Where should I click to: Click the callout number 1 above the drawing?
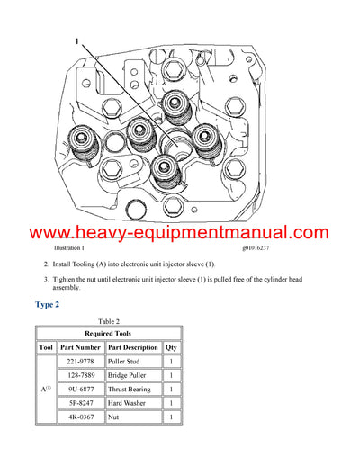[x=76, y=41]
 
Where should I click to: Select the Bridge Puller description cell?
[x=133, y=375]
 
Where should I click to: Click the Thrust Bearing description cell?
[x=133, y=390]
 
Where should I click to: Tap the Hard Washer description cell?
[x=133, y=404]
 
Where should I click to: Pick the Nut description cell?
[x=133, y=418]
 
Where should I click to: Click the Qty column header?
[x=172, y=346]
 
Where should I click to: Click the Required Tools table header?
[x=108, y=332]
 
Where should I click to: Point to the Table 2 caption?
[x=108, y=321]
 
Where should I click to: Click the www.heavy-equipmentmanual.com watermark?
[x=180, y=233]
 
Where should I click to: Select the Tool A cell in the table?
[x=48, y=390]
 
